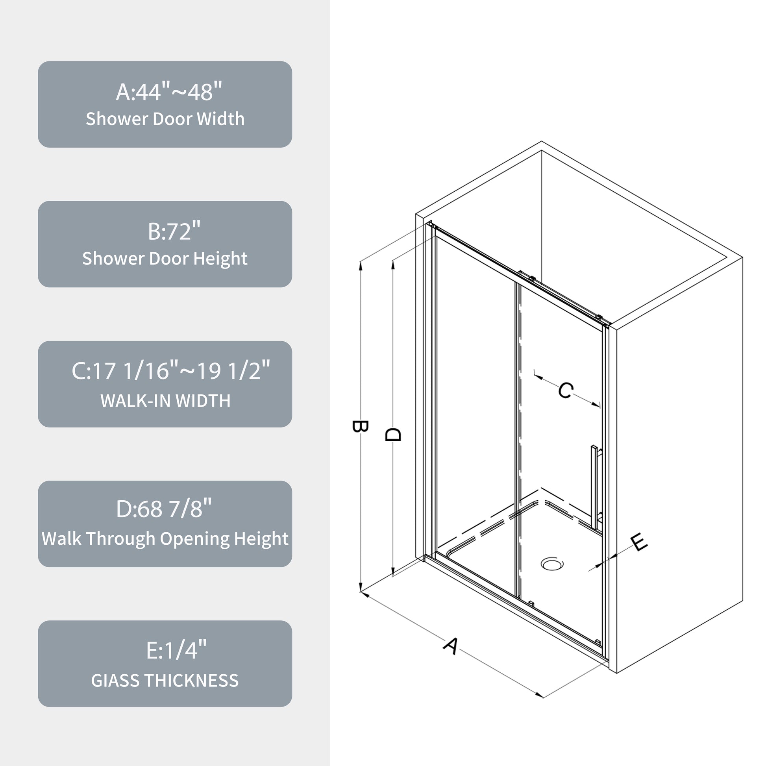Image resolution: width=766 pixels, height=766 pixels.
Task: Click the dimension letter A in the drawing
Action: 451,646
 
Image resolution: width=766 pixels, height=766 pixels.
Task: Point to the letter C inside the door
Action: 565,390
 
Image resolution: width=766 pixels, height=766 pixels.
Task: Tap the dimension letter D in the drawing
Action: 393,434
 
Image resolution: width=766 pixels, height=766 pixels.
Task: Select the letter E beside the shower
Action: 639,542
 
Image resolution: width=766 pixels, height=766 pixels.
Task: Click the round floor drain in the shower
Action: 552,563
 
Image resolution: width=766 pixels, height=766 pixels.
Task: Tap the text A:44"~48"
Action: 169,92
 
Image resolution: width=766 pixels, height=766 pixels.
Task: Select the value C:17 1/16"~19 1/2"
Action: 170,371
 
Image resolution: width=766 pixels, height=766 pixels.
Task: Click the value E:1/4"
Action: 176,650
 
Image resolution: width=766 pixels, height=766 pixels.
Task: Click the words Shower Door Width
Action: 165,119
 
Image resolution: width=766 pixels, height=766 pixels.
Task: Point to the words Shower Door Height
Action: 165,259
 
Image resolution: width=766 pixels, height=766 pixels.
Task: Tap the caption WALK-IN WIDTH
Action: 165,401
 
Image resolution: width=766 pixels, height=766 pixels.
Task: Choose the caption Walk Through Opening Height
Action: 165,538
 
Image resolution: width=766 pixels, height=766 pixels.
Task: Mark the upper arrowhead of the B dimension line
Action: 361,265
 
